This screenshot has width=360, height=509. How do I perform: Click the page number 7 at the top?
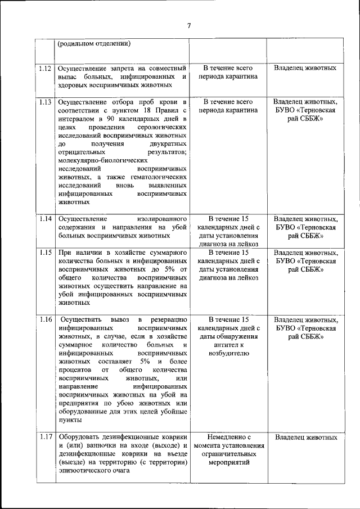[189, 25]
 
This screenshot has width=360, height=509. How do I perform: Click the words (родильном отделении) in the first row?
[95, 43]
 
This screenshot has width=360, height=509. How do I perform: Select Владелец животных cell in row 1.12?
[305, 68]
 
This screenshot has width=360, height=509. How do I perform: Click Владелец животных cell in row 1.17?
[305, 437]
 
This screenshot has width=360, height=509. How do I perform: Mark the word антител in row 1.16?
[218, 345]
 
